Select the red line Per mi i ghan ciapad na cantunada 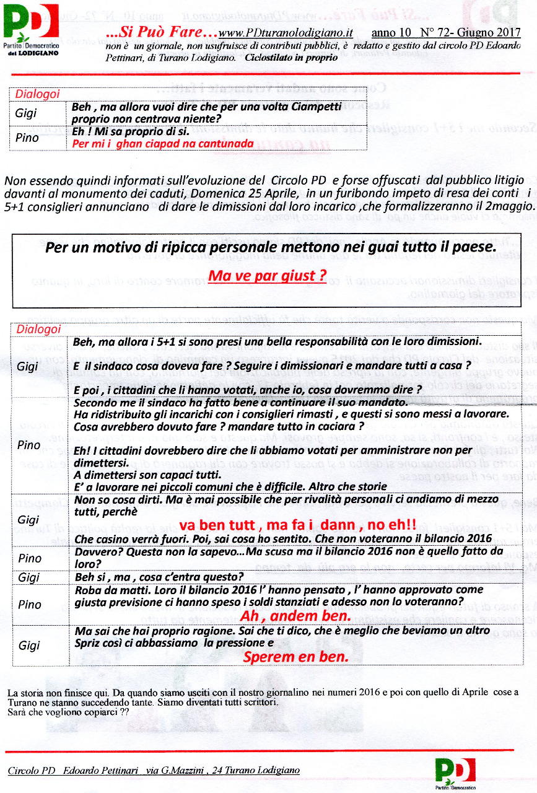tap(163, 144)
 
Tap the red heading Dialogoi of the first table tap(37, 94)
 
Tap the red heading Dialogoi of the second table tap(38, 330)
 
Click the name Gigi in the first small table tap(26, 113)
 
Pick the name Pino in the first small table tap(27, 138)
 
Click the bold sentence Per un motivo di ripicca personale tap(270, 247)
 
